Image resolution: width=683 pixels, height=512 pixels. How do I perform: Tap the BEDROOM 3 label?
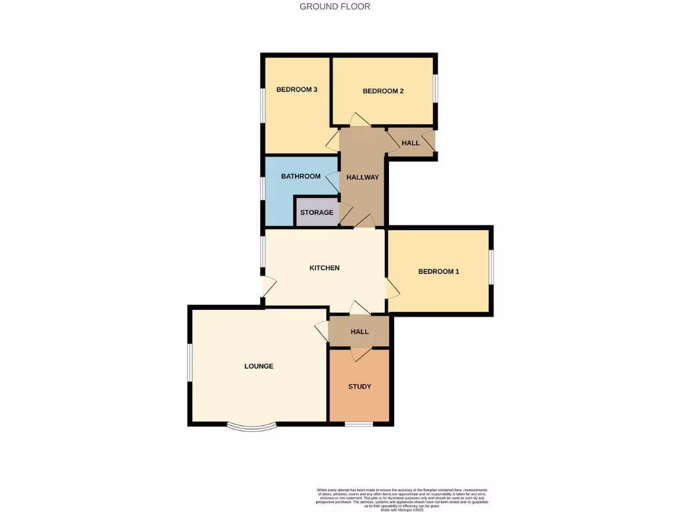point(297,89)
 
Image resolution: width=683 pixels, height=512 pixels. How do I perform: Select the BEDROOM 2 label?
point(384,91)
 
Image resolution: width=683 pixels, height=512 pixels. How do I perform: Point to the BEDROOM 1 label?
point(439,271)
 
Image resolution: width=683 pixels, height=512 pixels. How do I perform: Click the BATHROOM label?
point(301,177)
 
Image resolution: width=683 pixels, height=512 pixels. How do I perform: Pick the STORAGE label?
point(317,213)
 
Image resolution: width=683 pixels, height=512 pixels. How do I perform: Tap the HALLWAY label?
point(363,177)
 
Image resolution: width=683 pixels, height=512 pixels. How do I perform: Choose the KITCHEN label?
point(325,268)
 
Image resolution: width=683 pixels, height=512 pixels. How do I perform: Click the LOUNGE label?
point(259,366)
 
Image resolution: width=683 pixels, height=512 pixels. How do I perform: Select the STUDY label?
point(360,387)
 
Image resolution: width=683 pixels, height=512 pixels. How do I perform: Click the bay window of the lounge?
point(251,427)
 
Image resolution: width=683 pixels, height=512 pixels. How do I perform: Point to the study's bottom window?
point(359,423)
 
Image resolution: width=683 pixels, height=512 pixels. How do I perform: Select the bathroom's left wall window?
point(263,189)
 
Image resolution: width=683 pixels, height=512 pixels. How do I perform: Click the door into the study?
point(360,353)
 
